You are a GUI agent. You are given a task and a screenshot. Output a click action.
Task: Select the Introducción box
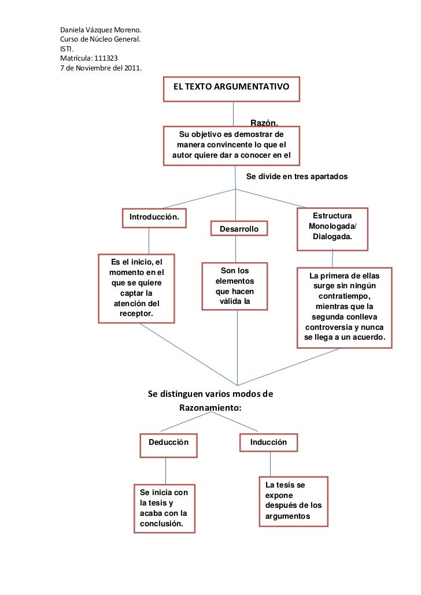tap(154, 218)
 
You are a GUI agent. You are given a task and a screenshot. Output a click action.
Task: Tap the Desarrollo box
tap(239, 229)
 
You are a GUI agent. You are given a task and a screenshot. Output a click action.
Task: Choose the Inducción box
tap(268, 442)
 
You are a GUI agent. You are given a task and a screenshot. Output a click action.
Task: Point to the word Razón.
tap(264, 122)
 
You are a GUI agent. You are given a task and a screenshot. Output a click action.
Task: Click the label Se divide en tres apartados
tap(297, 176)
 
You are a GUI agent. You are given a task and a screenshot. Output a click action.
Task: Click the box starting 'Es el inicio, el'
tap(136, 288)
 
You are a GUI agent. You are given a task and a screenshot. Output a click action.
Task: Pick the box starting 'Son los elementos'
tap(235, 285)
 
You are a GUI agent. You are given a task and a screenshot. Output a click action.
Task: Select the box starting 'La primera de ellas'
tap(345, 307)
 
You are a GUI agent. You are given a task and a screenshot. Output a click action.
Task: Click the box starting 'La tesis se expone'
tap(293, 501)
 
